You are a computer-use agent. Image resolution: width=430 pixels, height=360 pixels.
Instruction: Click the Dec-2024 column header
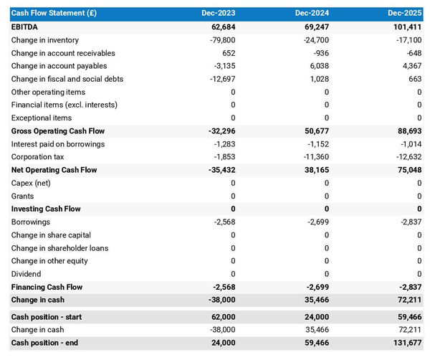point(312,13)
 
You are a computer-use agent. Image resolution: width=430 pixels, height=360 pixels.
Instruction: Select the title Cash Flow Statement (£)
point(54,13)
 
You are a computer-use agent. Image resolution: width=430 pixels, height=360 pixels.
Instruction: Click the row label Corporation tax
point(38,157)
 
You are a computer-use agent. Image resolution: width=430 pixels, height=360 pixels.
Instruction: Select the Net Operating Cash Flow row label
point(54,170)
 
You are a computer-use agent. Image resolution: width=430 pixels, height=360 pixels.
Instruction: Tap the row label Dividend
point(27,274)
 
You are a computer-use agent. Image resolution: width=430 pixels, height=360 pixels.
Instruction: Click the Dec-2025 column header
point(405,13)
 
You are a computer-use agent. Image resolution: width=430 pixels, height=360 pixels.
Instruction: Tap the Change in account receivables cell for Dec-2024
point(320,53)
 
